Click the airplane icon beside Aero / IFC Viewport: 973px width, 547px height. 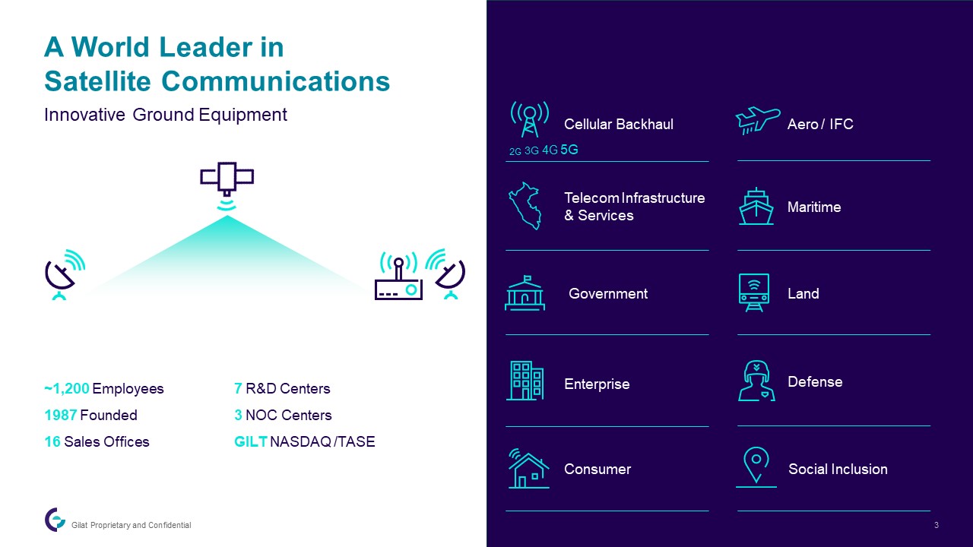click(757, 120)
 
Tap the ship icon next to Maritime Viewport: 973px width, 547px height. click(756, 206)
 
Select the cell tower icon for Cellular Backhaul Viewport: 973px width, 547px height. click(530, 119)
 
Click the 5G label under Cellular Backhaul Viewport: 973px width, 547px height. click(569, 150)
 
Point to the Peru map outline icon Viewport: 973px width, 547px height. click(525, 206)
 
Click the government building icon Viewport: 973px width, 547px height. click(525, 293)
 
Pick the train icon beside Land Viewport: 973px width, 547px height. click(754, 292)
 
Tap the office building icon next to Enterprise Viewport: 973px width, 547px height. click(525, 381)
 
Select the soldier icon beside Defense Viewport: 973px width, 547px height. click(756, 381)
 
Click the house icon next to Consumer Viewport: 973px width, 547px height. click(528, 469)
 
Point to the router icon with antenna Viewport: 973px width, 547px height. click(399, 277)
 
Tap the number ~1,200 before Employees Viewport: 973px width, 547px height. click(67, 388)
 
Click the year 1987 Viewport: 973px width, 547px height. click(61, 415)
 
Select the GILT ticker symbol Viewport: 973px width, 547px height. click(251, 441)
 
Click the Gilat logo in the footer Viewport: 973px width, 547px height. click(55, 520)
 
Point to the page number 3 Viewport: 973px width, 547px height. click(937, 525)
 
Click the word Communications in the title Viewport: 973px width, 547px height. click(276, 81)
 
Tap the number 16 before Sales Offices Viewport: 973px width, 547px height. click(52, 441)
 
